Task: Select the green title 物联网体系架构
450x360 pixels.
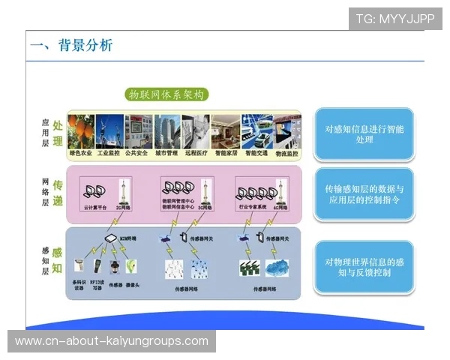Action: coord(166,95)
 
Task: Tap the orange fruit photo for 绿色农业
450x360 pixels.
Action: coord(82,131)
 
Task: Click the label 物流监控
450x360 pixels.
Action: coord(286,153)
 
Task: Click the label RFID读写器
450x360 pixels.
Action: coord(98,286)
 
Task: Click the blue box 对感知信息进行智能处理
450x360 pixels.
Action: coord(363,134)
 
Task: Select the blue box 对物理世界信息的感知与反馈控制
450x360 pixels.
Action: coord(363,268)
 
